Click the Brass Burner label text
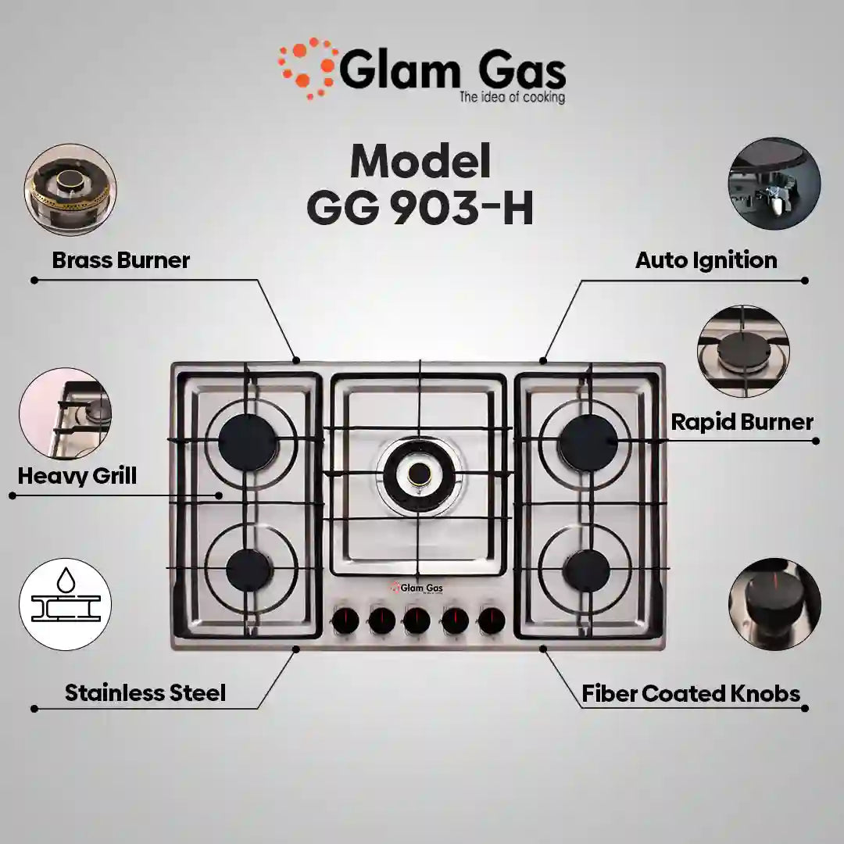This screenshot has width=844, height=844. pos(120,260)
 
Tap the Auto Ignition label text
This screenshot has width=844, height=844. pos(706,260)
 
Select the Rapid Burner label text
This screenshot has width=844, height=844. pos(742,422)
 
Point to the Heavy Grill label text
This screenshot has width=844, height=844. pos(77,475)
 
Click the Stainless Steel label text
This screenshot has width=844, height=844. pos(145,692)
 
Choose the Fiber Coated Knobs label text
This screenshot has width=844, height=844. pos(691,693)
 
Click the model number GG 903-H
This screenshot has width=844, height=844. pos(420,209)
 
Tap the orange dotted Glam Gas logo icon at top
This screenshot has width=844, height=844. pos(308,67)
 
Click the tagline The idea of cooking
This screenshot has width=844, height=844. pos(512,98)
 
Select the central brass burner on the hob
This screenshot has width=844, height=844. pos(420,472)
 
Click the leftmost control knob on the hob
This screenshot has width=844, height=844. pos(345,621)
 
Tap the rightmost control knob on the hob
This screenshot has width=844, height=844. pos(492,621)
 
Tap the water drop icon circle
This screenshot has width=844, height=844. pos(65,606)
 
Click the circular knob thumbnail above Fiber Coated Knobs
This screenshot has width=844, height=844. pos(774,603)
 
